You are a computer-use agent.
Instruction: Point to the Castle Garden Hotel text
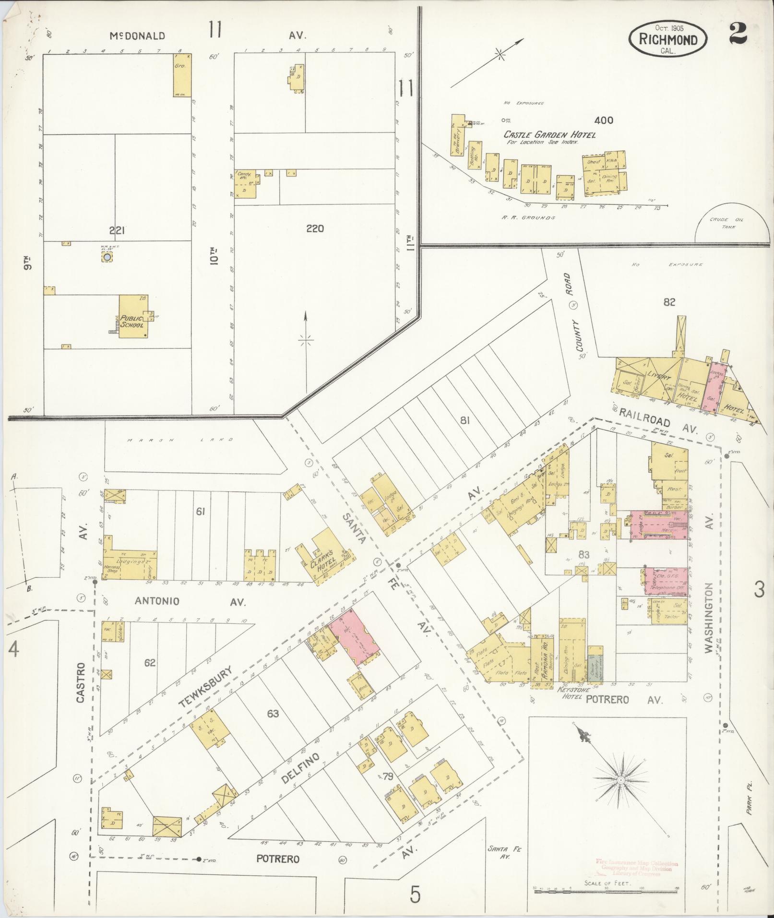pyautogui.click(x=549, y=135)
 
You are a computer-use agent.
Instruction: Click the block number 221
pyautogui.click(x=117, y=231)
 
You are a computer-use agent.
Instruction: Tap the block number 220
pyautogui.click(x=315, y=228)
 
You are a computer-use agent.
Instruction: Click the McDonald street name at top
pyautogui.click(x=137, y=36)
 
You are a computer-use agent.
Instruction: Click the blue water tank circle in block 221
pyautogui.click(x=107, y=258)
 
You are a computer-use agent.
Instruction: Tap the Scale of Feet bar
pyautogui.click(x=607, y=888)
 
